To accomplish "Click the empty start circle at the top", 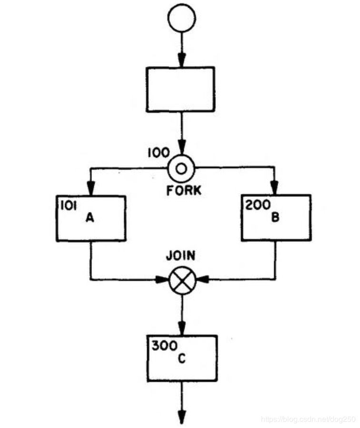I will [x=181, y=18].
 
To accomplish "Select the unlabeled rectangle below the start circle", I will [x=180, y=89].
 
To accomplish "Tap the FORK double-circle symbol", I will [x=181, y=167].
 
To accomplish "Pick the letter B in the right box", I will [x=275, y=218].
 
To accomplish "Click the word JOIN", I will [x=180, y=255].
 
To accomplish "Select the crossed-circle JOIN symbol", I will [x=182, y=280].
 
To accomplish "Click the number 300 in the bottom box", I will [x=161, y=346].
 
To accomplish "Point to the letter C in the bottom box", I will [x=181, y=358].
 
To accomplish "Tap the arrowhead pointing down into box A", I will [x=91, y=190].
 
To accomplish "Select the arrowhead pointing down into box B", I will [x=275, y=189].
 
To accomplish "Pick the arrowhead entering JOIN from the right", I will [x=200, y=280].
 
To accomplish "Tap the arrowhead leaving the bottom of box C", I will [x=181, y=418].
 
